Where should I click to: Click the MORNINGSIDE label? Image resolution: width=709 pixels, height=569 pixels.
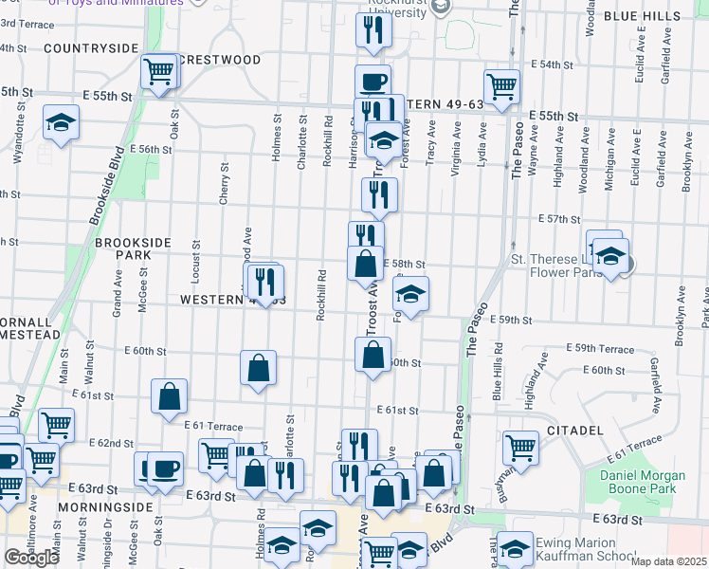[105, 507]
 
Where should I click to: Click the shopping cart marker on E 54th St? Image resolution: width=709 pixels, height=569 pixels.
[501, 85]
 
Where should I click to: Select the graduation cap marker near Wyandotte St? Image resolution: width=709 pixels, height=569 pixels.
[61, 122]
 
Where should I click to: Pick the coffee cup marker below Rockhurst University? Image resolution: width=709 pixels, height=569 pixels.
[373, 81]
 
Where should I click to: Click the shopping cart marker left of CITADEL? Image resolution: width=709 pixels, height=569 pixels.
[520, 447]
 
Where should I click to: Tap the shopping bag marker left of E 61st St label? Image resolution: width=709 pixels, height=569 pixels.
[169, 397]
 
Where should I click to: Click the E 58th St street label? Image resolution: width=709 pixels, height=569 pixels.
[405, 265]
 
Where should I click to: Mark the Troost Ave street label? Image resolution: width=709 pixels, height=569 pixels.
[371, 308]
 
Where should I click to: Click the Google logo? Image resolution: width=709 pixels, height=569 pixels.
[31, 558]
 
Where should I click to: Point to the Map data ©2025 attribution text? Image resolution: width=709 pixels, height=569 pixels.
[668, 561]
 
